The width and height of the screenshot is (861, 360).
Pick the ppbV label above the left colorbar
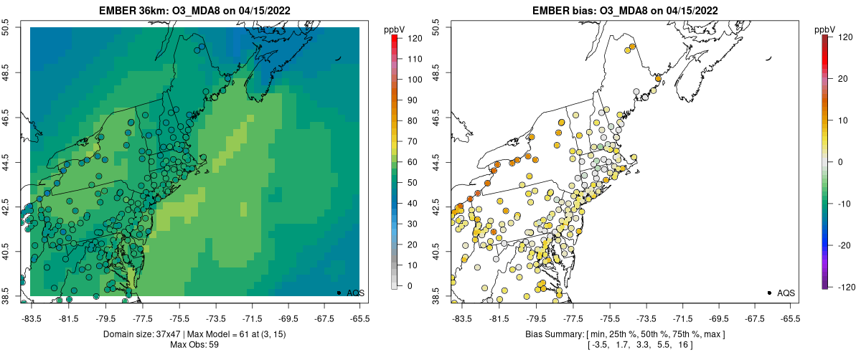tap(395, 29)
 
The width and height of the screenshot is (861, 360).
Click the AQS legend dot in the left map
tap(339, 293)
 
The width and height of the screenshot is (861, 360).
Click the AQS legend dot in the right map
tap(769, 293)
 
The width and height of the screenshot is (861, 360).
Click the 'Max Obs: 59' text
tap(194, 345)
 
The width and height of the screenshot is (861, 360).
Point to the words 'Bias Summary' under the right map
tap(552, 334)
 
